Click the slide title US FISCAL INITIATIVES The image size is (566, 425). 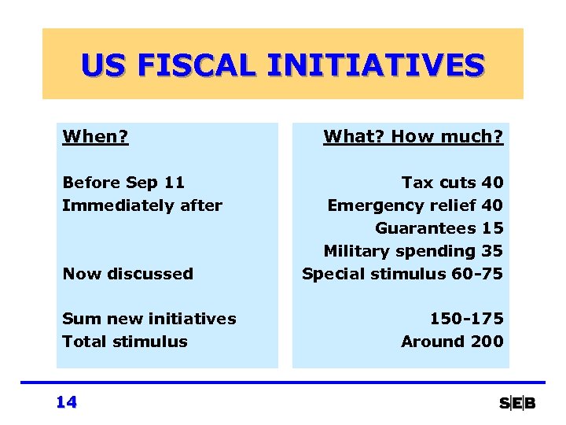(x=282, y=65)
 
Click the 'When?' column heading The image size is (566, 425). (x=95, y=137)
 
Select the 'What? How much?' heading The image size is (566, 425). (x=413, y=137)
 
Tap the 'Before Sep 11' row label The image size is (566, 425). (x=123, y=183)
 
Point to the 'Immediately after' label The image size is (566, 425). (x=142, y=205)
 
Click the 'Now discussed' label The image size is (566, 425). (x=127, y=274)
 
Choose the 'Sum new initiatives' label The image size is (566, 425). (x=149, y=319)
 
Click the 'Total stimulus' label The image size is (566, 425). (x=125, y=342)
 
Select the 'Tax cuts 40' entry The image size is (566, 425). (x=452, y=183)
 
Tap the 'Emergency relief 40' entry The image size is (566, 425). (x=415, y=205)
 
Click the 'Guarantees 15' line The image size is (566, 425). (x=439, y=228)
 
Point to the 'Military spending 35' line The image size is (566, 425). (x=413, y=251)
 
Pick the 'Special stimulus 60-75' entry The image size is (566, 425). (x=402, y=274)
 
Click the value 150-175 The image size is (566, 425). (x=466, y=319)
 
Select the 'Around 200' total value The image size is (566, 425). (x=452, y=342)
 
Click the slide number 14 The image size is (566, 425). (x=67, y=402)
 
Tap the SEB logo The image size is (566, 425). (x=517, y=404)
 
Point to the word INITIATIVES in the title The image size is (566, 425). (x=375, y=65)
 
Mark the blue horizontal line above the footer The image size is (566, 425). (x=283, y=383)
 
